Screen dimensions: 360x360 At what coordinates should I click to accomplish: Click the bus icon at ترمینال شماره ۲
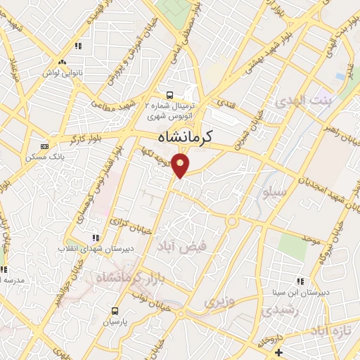click(168, 95)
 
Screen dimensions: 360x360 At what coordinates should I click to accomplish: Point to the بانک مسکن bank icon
click(44, 146)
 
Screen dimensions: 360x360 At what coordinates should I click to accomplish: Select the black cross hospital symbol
click(279, 352)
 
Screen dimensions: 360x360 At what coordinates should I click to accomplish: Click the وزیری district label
click(218, 302)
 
